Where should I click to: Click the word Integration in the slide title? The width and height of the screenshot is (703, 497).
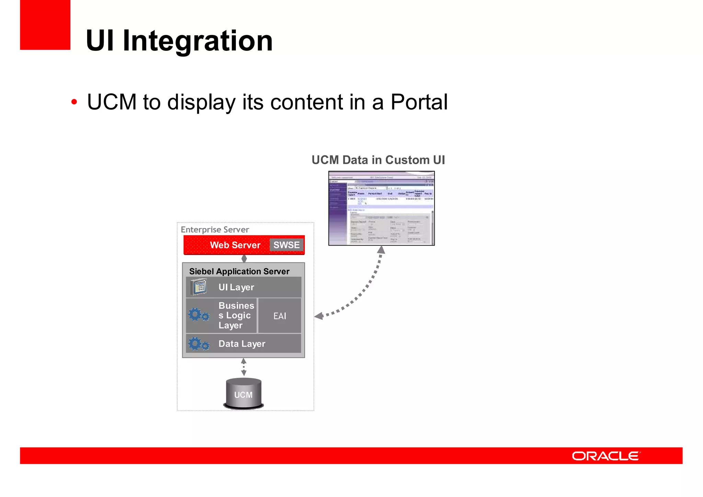pos(197,41)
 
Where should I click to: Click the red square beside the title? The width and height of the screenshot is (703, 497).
pos(45,25)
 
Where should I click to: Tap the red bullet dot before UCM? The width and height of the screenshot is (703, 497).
pos(74,102)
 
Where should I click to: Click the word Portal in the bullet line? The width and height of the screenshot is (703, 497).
pos(419,102)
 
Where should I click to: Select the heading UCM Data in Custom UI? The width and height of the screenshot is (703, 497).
pos(378,160)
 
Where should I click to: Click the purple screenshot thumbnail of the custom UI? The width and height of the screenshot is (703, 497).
pos(381,208)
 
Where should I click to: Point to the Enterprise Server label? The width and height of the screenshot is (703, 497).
pos(215,229)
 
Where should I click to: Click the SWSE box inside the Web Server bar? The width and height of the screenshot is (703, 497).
pos(286,245)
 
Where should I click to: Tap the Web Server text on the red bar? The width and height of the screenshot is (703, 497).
pos(235,245)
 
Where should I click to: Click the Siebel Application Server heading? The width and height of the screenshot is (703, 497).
pos(239,271)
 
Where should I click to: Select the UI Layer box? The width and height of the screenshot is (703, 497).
pos(244,287)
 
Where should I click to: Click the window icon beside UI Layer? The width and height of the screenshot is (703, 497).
pos(199,287)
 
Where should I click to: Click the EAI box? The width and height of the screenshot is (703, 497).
pos(279,316)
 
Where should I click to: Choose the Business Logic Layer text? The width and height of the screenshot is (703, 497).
pos(236,315)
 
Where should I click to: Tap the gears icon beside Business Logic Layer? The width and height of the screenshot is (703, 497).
pos(198,315)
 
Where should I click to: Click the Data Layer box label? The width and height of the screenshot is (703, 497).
pos(242,344)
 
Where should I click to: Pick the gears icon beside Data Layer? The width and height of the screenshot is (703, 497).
pos(198,344)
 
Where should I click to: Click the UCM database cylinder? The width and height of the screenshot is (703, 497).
pos(243,394)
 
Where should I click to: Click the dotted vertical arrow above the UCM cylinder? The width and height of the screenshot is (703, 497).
pos(244,367)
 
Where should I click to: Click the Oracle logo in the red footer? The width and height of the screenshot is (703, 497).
pos(606,456)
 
